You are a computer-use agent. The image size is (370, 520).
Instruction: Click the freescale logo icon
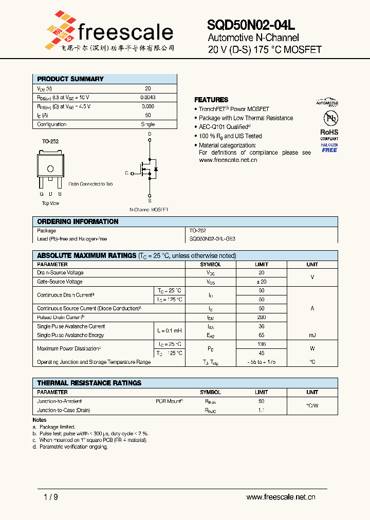point(61,26)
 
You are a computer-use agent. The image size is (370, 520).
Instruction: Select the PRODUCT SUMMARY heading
point(70,79)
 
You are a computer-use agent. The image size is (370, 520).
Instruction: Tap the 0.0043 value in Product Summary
point(148,97)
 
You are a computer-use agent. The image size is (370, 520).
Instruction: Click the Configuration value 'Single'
point(148,124)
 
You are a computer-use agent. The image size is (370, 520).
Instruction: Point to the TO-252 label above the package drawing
point(49,140)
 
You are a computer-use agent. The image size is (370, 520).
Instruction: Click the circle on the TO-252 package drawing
point(50,169)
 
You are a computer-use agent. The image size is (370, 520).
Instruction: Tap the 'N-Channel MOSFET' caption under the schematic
point(149,210)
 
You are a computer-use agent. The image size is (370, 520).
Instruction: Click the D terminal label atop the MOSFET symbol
point(150,134)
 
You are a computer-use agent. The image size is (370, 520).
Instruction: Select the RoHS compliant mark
point(329,132)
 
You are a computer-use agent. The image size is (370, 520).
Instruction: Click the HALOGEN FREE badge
point(329,148)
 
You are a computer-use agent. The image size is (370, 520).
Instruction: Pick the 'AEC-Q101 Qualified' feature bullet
point(225,127)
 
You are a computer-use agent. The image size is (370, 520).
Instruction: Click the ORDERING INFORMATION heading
point(78,221)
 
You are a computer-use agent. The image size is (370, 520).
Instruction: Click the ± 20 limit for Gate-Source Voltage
point(262,282)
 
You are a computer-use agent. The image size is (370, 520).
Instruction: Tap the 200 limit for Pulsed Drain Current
point(262,318)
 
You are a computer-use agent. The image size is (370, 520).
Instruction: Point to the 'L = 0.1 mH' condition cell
point(170,330)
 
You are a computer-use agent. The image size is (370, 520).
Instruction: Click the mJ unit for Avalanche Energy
point(312,335)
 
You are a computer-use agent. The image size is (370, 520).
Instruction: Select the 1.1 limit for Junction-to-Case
point(262,411)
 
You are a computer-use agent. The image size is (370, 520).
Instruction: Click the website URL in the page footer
point(281,497)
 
